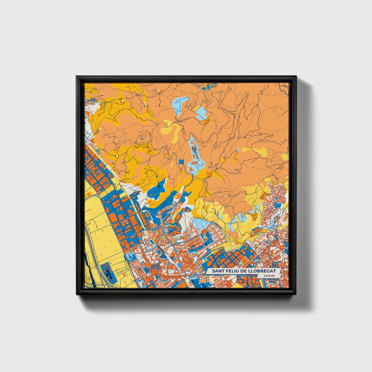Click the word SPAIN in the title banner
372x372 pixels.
pos(269,276)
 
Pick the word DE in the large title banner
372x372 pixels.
pos(244,271)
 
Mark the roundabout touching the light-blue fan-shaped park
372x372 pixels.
pos(212,223)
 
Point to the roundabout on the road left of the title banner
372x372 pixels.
pos(192,276)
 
